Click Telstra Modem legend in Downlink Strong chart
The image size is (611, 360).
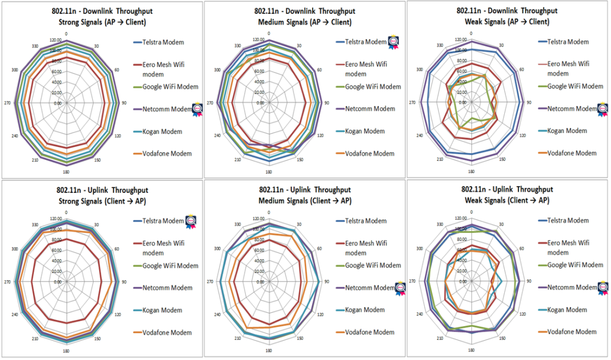tap(163, 42)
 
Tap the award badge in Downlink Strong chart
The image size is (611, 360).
tap(196, 108)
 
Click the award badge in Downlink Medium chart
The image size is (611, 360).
tap(394, 42)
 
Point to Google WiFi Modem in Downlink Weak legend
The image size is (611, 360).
tap(575, 86)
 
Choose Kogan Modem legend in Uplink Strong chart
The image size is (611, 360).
tap(162, 310)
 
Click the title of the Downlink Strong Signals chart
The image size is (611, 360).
tap(100, 17)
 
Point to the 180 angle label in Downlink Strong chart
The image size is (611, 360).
tap(66, 173)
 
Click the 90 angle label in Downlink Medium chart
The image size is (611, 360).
tap(326, 103)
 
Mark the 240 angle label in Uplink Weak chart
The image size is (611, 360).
tap(420, 314)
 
